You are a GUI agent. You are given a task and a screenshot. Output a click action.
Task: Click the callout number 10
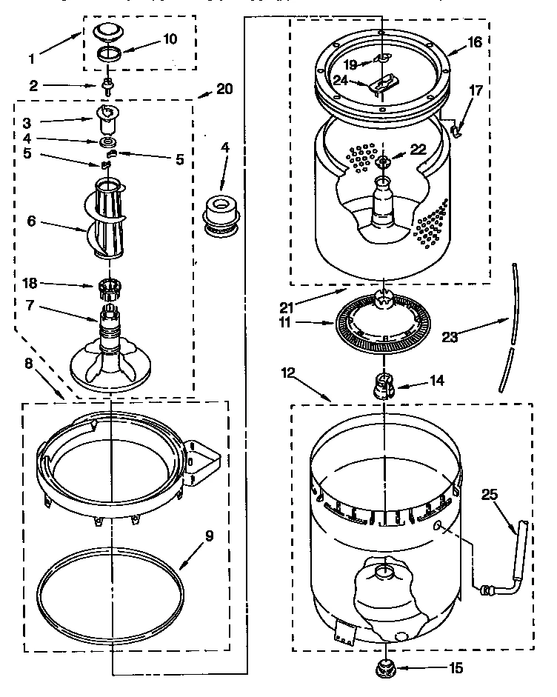pyautogui.click(x=170, y=39)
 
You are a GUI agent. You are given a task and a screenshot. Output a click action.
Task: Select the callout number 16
pyautogui.click(x=474, y=42)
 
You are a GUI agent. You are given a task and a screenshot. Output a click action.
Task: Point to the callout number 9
pyautogui.click(x=209, y=536)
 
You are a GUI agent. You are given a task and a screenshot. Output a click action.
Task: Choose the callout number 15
pyautogui.click(x=456, y=669)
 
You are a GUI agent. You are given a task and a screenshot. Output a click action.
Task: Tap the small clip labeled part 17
pyautogui.click(x=457, y=130)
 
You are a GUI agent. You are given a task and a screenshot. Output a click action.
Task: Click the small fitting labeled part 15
pyautogui.click(x=385, y=667)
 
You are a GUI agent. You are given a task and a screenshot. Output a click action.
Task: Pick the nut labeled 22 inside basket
pyautogui.click(x=383, y=162)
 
